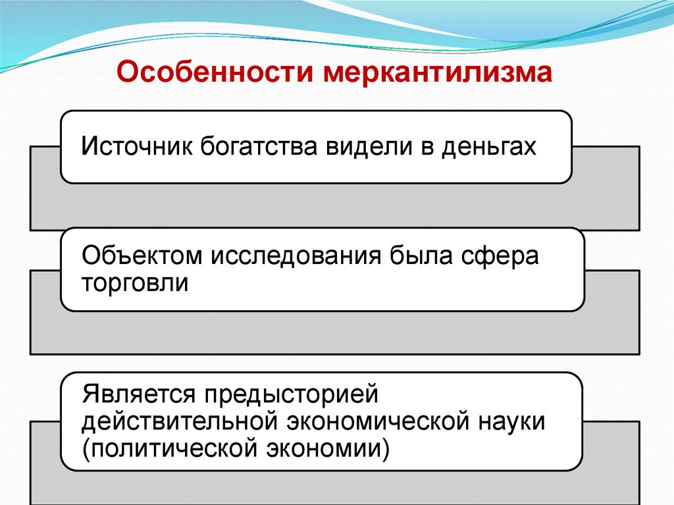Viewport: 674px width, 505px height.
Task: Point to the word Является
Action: (138, 395)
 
